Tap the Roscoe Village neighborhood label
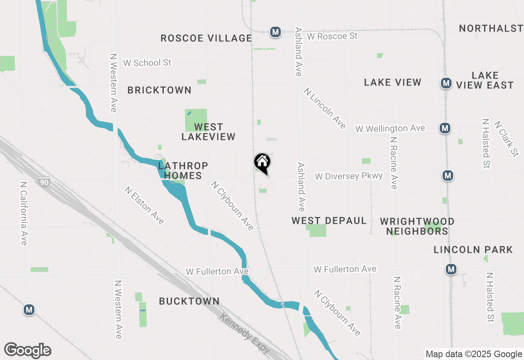[x=206, y=38]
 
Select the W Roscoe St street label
[x=332, y=36]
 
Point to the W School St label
[x=147, y=63]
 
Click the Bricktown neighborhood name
[x=159, y=90]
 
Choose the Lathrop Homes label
[x=183, y=171]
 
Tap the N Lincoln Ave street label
[x=325, y=108]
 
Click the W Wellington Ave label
[x=390, y=128]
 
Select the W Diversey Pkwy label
[x=349, y=176]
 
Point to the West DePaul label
[x=329, y=220]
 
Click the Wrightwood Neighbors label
[x=417, y=226]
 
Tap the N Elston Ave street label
[x=145, y=205]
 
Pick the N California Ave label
[x=23, y=214]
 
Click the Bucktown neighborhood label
[x=189, y=301]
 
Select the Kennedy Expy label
[x=245, y=333]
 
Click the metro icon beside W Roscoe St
[x=275, y=32]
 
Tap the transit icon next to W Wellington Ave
[x=445, y=128]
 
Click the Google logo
[x=28, y=350]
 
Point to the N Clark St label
[x=506, y=138]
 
